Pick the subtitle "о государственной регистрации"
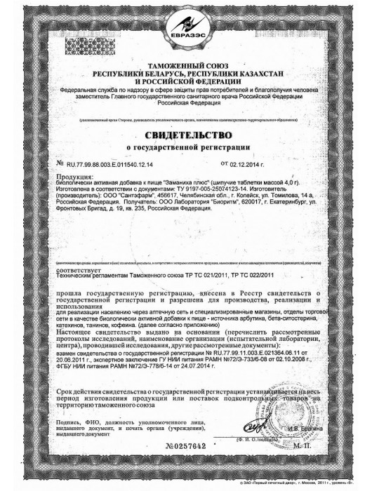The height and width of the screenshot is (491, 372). [x=186, y=147]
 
